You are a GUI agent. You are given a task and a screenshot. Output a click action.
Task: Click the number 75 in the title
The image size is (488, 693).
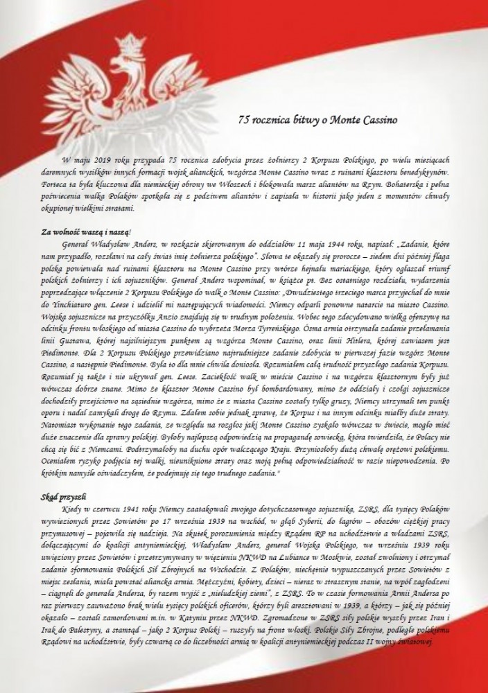coord(243,120)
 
